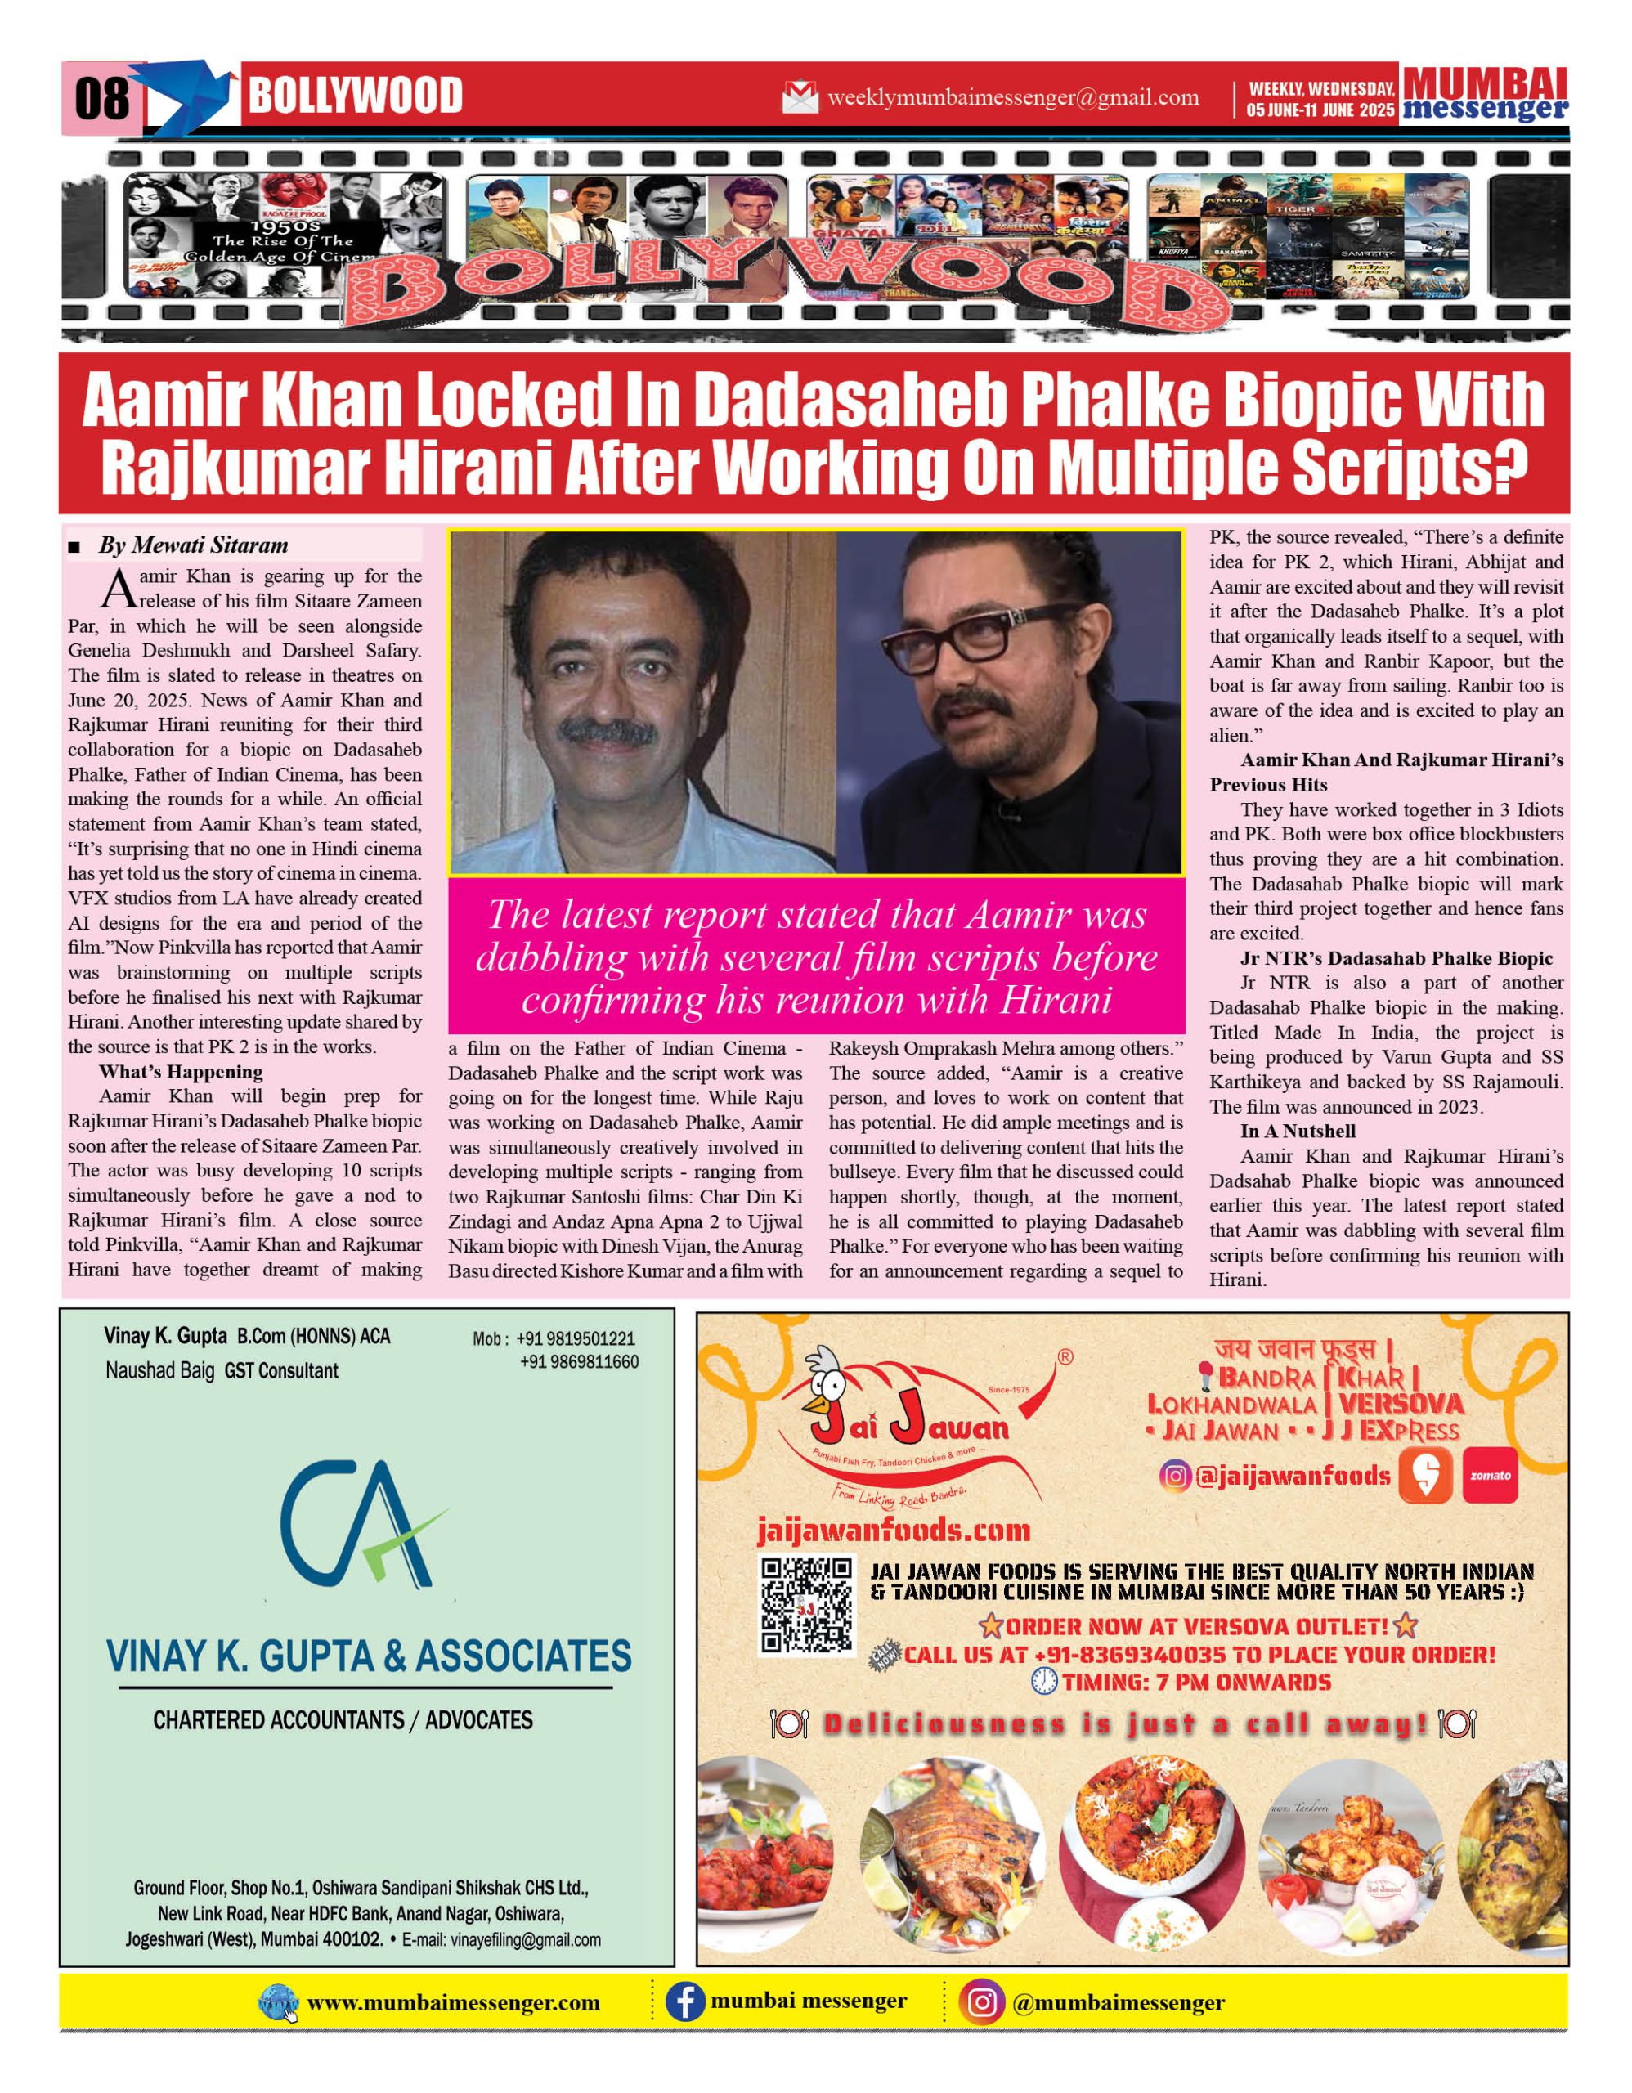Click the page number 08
[101, 98]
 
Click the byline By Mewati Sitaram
[193, 545]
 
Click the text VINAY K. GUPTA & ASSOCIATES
[369, 1655]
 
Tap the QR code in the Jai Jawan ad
[806, 1605]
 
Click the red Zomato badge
[1491, 1476]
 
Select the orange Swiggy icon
[1425, 1476]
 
